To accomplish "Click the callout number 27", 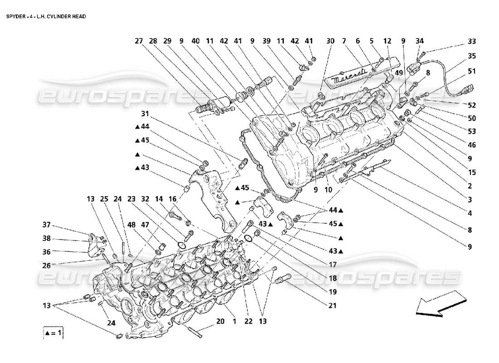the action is pyautogui.click(x=139, y=41).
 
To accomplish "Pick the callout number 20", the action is pyautogui.click(x=220, y=321).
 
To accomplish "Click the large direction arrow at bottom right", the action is pyautogui.click(x=440, y=306).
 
